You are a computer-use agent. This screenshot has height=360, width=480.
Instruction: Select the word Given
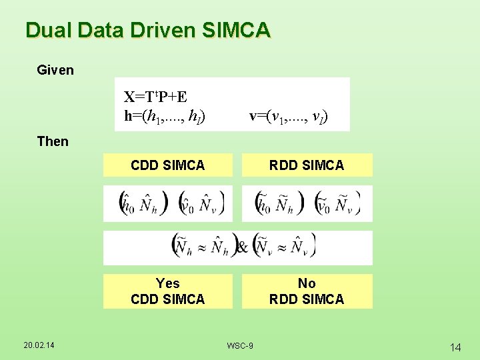(x=55, y=70)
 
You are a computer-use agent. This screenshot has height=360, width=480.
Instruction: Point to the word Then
(x=53, y=141)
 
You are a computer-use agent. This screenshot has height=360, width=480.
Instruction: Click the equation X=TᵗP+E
(x=155, y=97)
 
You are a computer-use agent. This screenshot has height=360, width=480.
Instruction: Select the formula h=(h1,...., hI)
(x=165, y=116)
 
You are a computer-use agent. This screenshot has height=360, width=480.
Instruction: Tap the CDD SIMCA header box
(x=168, y=165)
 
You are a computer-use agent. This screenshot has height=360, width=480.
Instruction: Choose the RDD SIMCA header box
(x=307, y=165)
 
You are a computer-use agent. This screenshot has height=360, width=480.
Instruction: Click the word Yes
(x=167, y=283)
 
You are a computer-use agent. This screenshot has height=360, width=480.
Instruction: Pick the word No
(x=307, y=283)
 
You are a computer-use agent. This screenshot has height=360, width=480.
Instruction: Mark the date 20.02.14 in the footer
(x=39, y=345)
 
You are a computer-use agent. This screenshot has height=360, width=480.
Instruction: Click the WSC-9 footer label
(x=239, y=345)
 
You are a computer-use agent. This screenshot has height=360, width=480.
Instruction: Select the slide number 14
(x=456, y=347)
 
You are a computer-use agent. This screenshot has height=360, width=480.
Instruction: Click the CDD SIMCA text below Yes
(x=168, y=299)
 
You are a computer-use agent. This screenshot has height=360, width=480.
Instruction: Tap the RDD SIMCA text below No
(x=307, y=299)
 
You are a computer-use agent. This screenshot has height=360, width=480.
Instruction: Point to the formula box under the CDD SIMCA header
(x=168, y=203)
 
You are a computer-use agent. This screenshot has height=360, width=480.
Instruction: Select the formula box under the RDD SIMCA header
(x=307, y=203)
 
